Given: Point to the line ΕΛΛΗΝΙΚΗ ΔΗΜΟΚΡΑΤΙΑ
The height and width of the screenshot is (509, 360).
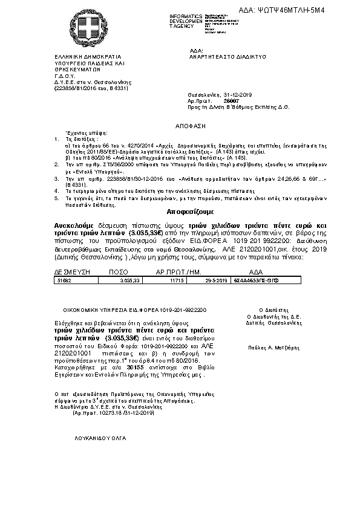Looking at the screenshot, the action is point(80,55).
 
